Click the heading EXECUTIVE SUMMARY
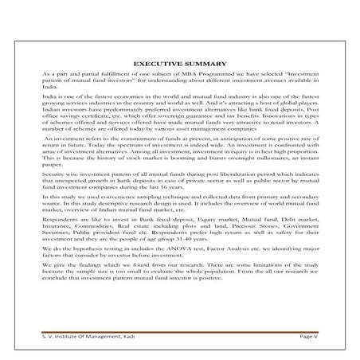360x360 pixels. (180, 61)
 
